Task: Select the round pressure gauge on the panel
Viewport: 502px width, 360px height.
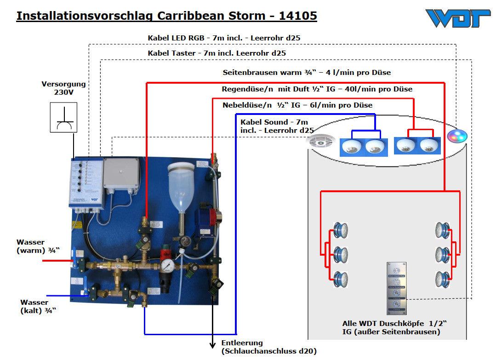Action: tap(167, 267)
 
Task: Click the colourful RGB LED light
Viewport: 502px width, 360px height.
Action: tap(457, 136)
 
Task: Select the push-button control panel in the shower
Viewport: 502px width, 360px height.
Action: tap(396, 288)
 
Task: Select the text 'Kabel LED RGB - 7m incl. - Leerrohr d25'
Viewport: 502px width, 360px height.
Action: tap(224, 38)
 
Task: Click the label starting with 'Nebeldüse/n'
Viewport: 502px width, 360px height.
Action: tap(297, 105)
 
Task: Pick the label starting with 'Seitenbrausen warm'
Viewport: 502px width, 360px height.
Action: tap(307, 72)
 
